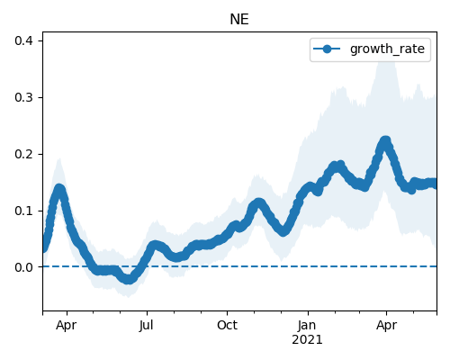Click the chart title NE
coord(239,20)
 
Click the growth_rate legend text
coord(387,49)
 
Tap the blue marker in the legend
coord(327,49)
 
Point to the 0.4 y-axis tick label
coord(24,40)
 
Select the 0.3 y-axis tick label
coord(24,97)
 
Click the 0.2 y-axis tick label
coord(24,154)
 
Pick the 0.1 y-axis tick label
coord(24,211)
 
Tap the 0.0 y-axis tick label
coord(24,267)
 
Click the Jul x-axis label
coord(147,325)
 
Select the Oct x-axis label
coord(227,325)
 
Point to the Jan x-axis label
coord(307,325)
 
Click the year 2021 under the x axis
coord(307,340)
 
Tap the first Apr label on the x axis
coord(66,326)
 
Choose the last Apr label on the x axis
coord(386,326)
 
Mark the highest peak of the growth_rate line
coord(385,140)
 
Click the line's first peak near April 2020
coord(59,189)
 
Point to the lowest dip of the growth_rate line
coord(128,280)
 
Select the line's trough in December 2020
coord(283,231)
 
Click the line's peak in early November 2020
coord(258,203)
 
